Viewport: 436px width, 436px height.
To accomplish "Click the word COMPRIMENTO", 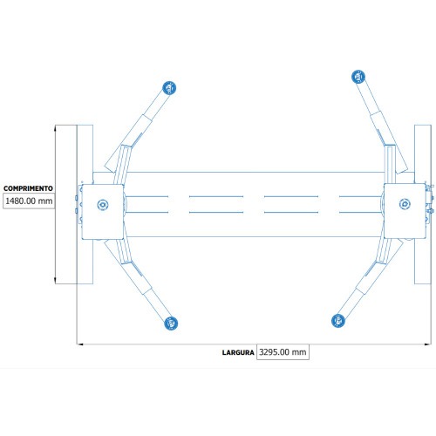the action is click(x=28, y=188).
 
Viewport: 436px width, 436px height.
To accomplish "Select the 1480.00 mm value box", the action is click(x=29, y=201).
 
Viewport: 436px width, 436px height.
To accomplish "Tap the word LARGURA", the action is click(x=238, y=352).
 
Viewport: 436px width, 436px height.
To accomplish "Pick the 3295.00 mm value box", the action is click(x=283, y=352).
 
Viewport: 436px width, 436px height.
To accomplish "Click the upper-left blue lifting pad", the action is click(x=169, y=88).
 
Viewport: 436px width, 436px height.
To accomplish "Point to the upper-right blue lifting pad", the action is click(x=358, y=77).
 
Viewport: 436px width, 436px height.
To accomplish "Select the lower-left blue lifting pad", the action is click(x=171, y=324).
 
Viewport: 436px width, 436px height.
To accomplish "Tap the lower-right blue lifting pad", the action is click(x=338, y=321).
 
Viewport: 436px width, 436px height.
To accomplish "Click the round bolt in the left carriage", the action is click(x=103, y=205).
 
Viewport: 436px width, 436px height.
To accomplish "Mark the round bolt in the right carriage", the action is click(x=405, y=204).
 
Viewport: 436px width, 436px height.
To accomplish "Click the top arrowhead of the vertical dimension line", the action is click(x=55, y=128).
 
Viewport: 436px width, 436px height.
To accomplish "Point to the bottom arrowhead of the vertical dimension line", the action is click(x=55, y=281).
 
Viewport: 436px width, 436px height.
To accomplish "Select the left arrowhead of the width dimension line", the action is click(x=80, y=344).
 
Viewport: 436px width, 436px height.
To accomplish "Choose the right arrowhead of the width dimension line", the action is click(x=427, y=344).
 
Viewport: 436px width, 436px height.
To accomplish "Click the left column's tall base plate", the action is click(x=85, y=204).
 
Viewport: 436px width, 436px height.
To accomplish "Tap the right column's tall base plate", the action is click(x=423, y=204).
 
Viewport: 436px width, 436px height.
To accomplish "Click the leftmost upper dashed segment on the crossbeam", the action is click(x=146, y=196).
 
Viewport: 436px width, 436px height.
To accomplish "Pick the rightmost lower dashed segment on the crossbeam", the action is click(x=361, y=212).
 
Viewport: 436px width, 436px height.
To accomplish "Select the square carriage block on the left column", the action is click(x=103, y=212).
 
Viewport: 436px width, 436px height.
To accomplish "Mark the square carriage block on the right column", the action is click(x=405, y=211).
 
